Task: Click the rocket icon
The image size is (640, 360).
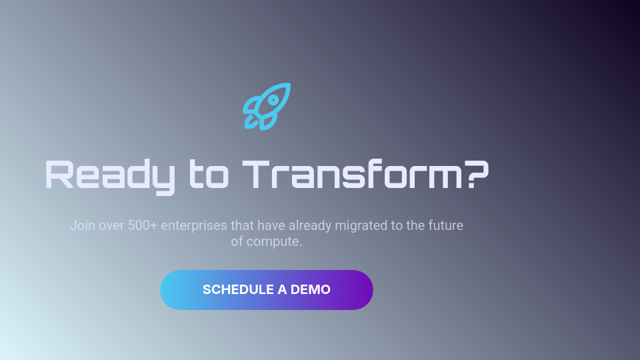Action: click(267, 106)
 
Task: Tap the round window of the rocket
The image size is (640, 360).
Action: click(273, 99)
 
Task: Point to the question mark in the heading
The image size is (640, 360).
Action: click(476, 175)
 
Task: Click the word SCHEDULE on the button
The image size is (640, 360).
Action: click(238, 290)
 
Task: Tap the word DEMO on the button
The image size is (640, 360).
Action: click(311, 290)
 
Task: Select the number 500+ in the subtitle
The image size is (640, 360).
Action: click(143, 225)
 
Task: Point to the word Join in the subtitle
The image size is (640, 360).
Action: click(82, 225)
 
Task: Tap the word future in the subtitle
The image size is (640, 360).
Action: click(445, 225)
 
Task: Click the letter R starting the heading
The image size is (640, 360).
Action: click(58, 175)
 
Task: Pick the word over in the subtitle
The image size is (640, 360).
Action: click(111, 225)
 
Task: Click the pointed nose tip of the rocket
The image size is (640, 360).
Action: click(288, 85)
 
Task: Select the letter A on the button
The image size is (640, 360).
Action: click(283, 290)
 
